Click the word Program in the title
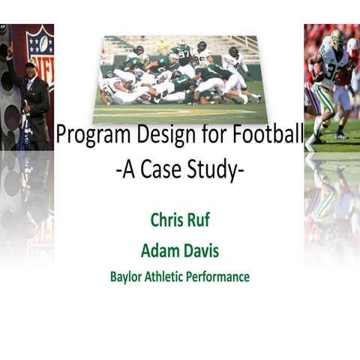91,136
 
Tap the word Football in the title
263,136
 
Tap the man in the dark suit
31,97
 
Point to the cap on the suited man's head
30,65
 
